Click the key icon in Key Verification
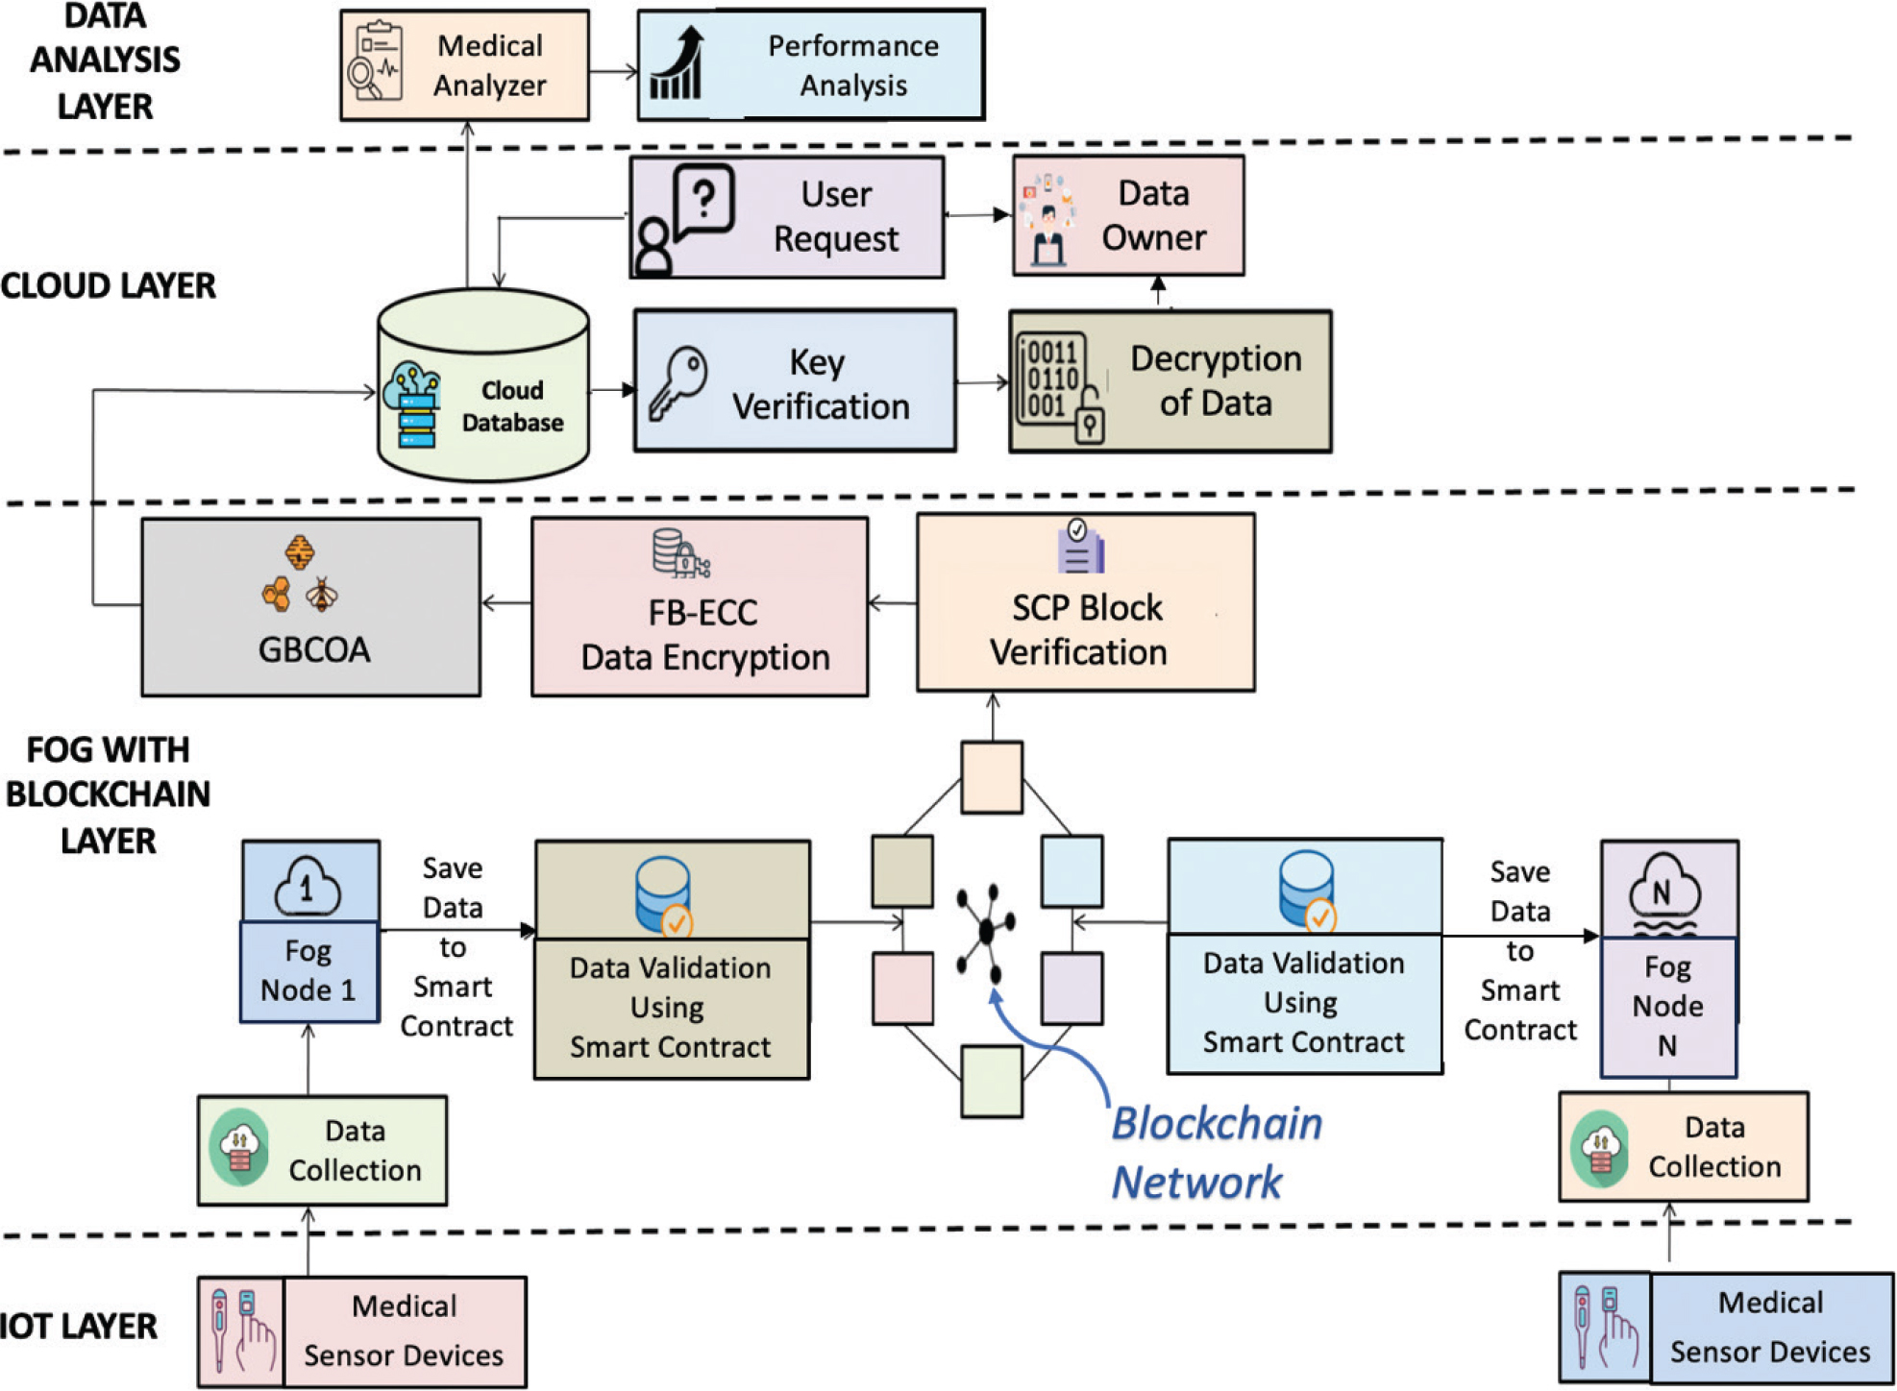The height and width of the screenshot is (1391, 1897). tap(677, 383)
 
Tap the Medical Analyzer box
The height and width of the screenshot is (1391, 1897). tap(464, 65)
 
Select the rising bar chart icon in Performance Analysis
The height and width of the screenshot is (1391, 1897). tap(677, 64)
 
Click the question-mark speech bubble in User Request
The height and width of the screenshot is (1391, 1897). tap(703, 201)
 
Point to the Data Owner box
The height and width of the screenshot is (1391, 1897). tap(1128, 216)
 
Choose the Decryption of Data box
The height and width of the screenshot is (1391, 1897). tap(1170, 381)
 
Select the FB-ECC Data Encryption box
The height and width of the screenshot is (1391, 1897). tap(700, 607)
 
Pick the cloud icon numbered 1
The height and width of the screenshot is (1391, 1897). tap(308, 886)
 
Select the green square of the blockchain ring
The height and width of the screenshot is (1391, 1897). tap(992, 1083)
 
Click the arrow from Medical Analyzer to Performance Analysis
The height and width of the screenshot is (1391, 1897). tap(613, 71)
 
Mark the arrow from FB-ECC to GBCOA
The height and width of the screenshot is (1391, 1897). tap(505, 603)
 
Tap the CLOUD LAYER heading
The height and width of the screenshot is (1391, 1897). tap(108, 286)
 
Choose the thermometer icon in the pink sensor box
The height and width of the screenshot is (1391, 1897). tap(220, 1329)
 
